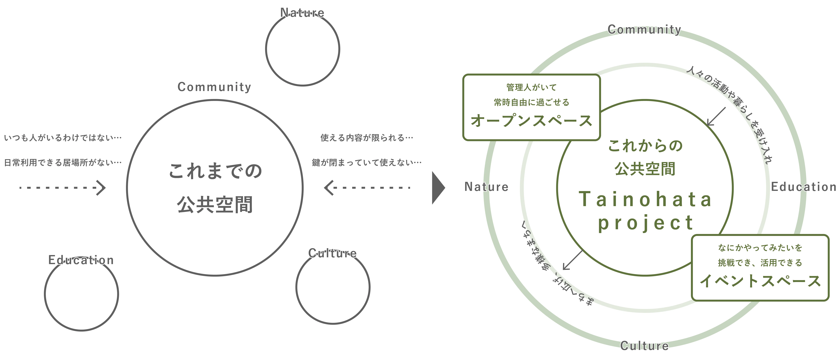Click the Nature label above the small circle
(302, 13)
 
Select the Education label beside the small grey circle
(81, 260)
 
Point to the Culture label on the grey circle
(332, 253)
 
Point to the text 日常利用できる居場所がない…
(63, 162)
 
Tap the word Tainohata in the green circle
(645, 199)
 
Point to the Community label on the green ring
(644, 29)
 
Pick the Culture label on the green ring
(644, 346)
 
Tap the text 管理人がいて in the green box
(532, 87)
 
